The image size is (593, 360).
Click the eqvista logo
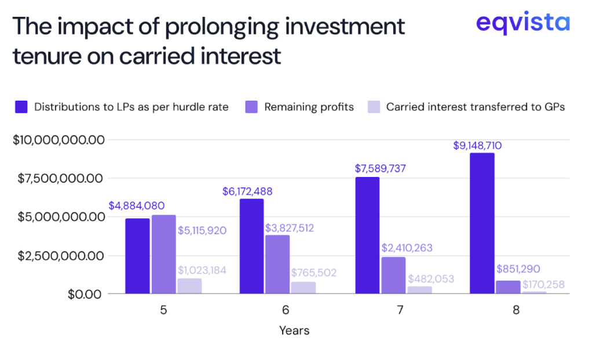click(522, 24)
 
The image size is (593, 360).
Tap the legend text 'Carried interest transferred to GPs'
click(475, 107)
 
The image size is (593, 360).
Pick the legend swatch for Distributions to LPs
click(22, 107)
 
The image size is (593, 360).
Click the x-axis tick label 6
click(286, 310)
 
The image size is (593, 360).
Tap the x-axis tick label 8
click(516, 310)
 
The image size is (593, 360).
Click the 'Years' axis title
click(294, 331)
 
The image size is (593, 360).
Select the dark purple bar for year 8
click(482, 223)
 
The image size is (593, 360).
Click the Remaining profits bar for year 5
click(163, 255)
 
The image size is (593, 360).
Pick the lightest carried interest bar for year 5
click(189, 286)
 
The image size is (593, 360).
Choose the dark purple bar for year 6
click(252, 247)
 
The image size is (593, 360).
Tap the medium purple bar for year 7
click(393, 275)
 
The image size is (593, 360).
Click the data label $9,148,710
click(477, 146)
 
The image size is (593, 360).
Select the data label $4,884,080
click(136, 205)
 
